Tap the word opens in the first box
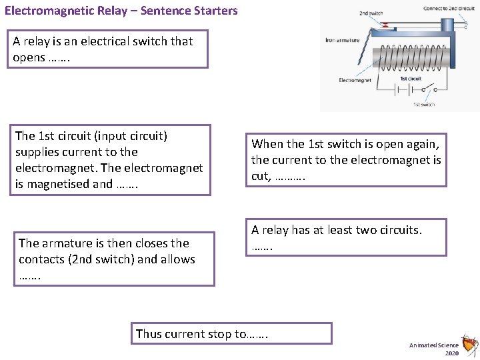click(x=29, y=57)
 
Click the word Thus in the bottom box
click(x=148, y=334)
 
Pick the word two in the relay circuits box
click(x=365, y=230)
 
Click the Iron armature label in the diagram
click(x=343, y=41)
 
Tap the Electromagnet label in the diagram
click(x=356, y=80)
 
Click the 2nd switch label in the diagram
click(x=371, y=13)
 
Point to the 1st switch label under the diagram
click(x=425, y=104)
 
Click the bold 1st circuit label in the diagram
click(x=411, y=79)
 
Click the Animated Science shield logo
click(x=470, y=345)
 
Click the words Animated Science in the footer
click(x=434, y=345)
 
